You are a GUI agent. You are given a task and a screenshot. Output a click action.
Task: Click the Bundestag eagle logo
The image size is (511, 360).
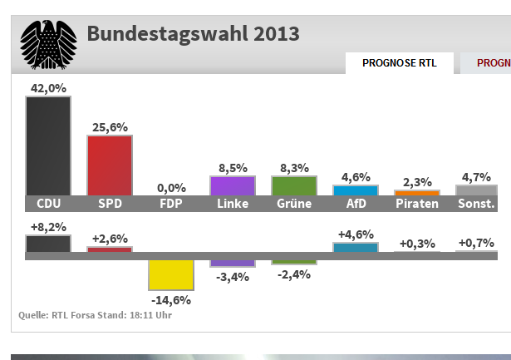tap(48, 44)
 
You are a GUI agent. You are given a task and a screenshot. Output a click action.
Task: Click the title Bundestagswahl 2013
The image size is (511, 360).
tap(193, 34)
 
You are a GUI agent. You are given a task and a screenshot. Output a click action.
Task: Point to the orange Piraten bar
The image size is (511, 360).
tap(416, 193)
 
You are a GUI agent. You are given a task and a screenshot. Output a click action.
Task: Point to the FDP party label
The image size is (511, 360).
tap(171, 204)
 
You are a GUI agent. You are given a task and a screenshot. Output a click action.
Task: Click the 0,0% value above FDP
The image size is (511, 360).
tap(171, 188)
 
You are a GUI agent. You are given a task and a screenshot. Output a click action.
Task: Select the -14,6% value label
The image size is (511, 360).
tap(171, 298)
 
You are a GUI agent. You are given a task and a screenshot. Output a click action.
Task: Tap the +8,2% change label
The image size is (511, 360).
tap(48, 226)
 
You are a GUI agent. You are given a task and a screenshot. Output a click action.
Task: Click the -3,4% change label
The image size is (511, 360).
tap(232, 276)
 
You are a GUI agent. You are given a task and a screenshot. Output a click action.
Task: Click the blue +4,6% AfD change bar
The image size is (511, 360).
tap(355, 247)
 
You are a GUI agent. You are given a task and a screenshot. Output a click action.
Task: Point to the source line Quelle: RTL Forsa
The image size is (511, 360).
tap(96, 315)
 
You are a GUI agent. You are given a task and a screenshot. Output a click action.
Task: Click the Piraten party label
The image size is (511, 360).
tap(416, 204)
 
